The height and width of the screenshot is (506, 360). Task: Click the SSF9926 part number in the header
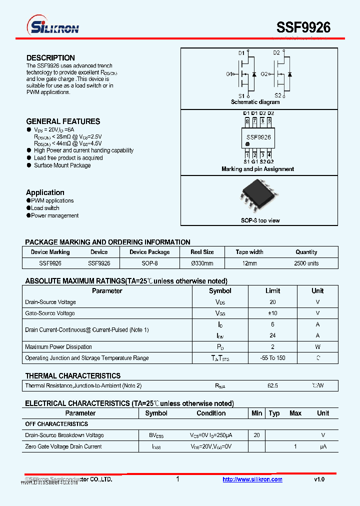pos(303,27)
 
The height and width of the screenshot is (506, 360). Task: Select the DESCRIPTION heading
pos(50,58)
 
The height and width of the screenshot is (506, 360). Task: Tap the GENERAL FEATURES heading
pos(63,121)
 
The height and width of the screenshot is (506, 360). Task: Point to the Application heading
pos(45,192)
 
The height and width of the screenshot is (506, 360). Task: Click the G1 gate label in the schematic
pos(229,74)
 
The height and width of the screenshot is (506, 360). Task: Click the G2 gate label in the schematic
pos(264,74)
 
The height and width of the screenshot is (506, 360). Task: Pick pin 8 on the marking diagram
pos(247,120)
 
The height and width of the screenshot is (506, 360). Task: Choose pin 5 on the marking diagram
pos(269,120)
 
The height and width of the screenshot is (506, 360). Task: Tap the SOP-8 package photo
pos(259,196)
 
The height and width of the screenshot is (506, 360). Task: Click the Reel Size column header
pos(202,252)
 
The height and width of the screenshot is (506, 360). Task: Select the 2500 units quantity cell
pos(306,263)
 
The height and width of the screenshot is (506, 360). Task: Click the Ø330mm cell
pos(202,263)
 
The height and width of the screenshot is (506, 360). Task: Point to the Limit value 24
pos(272,335)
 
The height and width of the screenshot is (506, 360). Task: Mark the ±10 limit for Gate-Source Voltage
pos(272,313)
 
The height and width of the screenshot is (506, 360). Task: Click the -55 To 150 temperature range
pos(272,358)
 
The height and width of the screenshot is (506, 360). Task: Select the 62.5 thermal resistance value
pos(272,385)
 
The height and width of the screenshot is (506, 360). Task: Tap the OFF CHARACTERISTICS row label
pos(56,424)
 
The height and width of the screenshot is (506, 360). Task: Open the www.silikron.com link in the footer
pos(252,479)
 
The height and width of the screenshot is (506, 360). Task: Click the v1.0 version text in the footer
pos(319,479)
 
